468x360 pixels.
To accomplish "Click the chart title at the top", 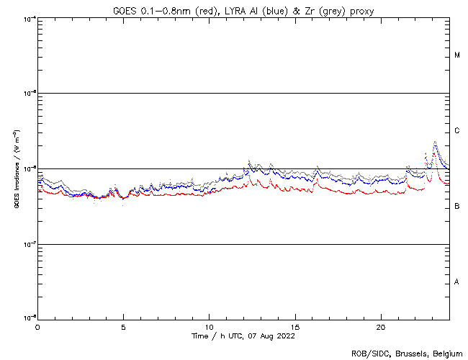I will click(x=243, y=11).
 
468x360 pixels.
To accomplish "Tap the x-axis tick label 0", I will click(x=37, y=326).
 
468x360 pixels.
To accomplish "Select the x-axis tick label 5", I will click(x=123, y=326).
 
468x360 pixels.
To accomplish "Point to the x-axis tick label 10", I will click(x=209, y=326).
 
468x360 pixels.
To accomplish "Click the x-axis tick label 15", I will click(x=294, y=326).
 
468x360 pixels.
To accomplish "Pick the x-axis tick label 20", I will click(x=380, y=326).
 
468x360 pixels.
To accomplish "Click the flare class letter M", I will click(x=457, y=55).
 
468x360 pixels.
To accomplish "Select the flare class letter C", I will click(x=457, y=131).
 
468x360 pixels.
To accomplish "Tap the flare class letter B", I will click(x=457, y=207).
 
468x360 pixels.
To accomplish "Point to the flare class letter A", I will click(x=457, y=282).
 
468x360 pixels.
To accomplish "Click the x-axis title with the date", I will click(x=243, y=336).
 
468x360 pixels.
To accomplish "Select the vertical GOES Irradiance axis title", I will click(x=16, y=169).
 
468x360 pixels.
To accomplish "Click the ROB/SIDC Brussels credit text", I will click(x=407, y=354).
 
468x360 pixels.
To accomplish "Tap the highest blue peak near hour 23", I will click(x=435, y=143).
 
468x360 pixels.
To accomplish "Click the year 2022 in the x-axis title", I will click(x=285, y=336).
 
